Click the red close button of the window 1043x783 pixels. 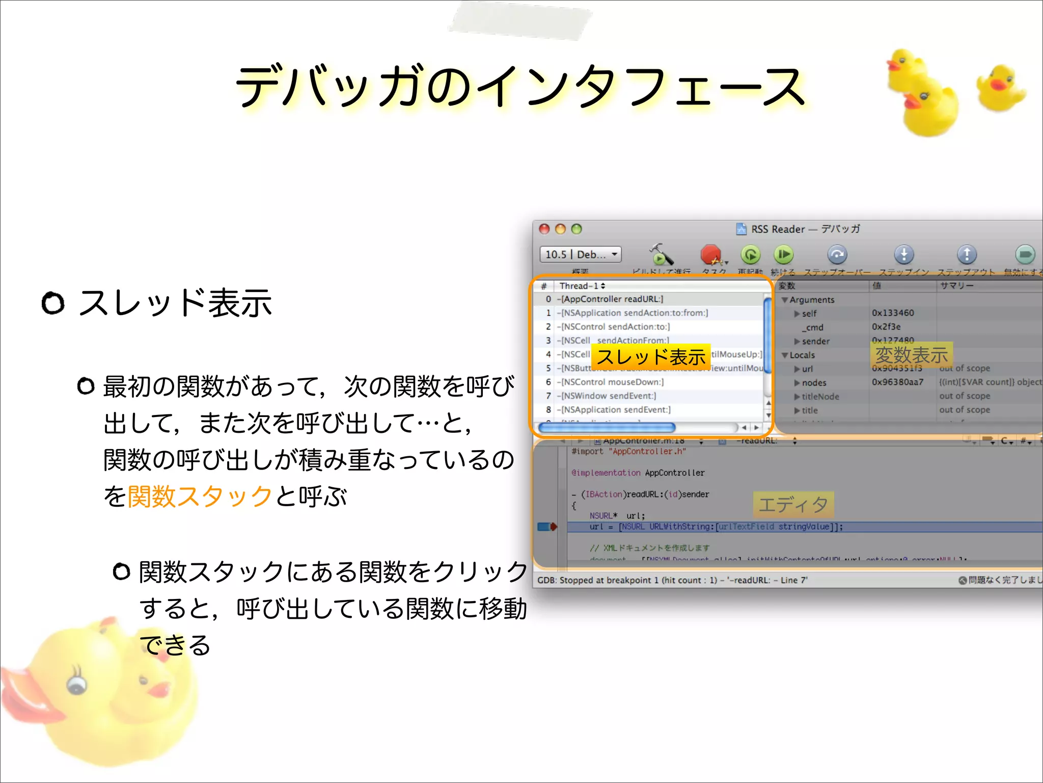coord(544,229)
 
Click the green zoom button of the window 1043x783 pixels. coord(577,229)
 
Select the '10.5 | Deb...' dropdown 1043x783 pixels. coord(581,254)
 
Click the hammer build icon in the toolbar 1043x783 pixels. coord(661,254)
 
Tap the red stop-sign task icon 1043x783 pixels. coord(711,254)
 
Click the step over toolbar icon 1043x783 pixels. coord(837,254)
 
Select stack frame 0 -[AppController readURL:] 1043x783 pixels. coord(611,299)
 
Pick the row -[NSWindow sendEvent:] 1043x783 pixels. coord(608,396)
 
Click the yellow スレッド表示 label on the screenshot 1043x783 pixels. coord(651,357)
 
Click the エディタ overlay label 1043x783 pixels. coord(793,505)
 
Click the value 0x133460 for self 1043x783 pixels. coord(893,313)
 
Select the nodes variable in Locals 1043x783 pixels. coord(814,382)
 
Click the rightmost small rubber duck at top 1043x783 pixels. coord(1000,88)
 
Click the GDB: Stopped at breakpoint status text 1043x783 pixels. coord(672,580)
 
